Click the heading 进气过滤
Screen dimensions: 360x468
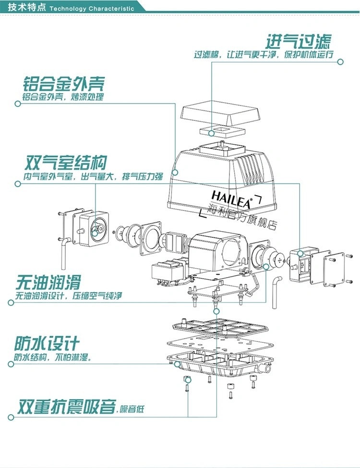click(299, 42)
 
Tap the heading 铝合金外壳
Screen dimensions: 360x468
click(64, 84)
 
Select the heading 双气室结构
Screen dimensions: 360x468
click(65, 163)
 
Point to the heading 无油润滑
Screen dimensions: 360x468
click(48, 282)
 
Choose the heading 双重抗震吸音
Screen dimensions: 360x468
click(66, 406)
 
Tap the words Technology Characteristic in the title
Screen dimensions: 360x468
click(92, 8)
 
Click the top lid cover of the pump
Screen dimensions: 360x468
click(221, 114)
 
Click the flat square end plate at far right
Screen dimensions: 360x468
click(334, 269)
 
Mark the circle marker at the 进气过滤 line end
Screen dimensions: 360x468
click(340, 62)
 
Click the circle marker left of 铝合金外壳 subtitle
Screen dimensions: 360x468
click(18, 104)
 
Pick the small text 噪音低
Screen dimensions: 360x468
click(132, 409)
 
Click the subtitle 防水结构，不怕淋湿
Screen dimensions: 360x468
click(53, 357)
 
